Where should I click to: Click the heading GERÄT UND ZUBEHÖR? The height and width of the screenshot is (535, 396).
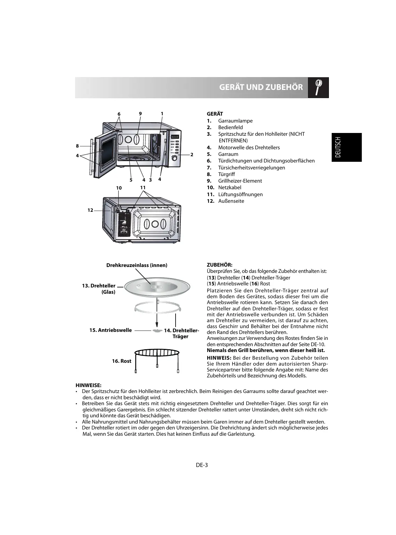pyautogui.click(x=261, y=87)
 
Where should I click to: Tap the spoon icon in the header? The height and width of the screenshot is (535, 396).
pyautogui.click(x=318, y=87)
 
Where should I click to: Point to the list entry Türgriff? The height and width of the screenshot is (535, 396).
pyautogui.click(x=226, y=174)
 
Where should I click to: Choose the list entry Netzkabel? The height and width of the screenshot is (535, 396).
pyautogui.click(x=229, y=187)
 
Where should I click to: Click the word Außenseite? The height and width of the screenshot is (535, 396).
pyautogui.click(x=231, y=201)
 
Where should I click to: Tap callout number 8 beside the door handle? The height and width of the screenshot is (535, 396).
pyautogui.click(x=78, y=146)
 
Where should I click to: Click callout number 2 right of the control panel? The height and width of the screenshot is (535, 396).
pyautogui.click(x=191, y=154)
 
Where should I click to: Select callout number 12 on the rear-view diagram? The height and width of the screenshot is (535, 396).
pyautogui.click(x=90, y=210)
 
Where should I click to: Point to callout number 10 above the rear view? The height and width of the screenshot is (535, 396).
pyautogui.click(x=119, y=188)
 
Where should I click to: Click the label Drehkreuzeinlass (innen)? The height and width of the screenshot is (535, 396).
pyautogui.click(x=137, y=265)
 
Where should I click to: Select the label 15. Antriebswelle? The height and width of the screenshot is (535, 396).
pyautogui.click(x=111, y=330)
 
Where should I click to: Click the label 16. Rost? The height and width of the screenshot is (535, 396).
pyautogui.click(x=121, y=361)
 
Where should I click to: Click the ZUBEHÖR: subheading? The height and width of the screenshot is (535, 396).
pyautogui.click(x=219, y=265)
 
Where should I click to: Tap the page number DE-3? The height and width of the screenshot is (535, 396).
pyautogui.click(x=202, y=465)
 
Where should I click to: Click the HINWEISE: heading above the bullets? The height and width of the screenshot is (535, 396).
pyautogui.click(x=88, y=385)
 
